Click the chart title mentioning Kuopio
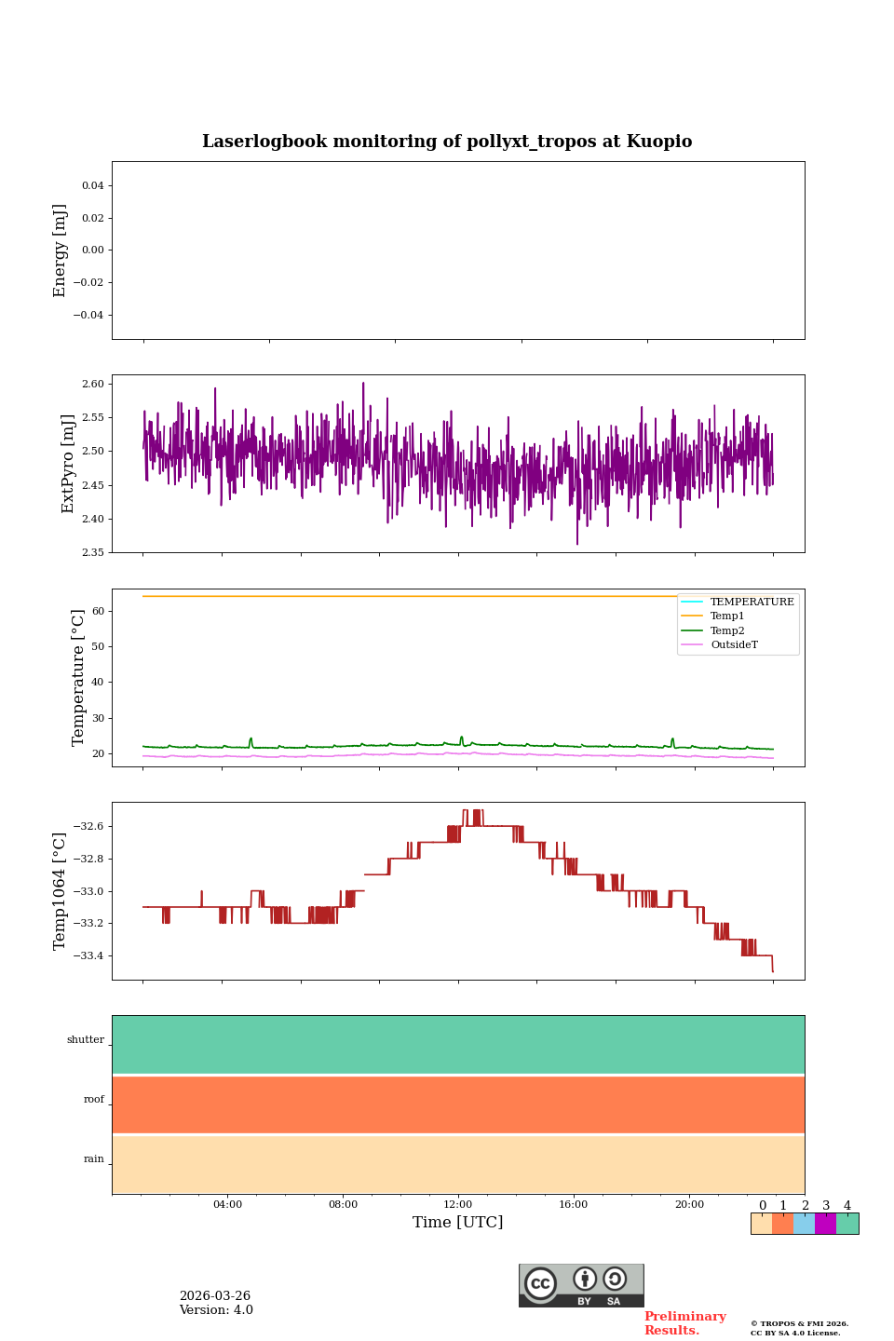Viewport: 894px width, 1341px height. click(x=447, y=142)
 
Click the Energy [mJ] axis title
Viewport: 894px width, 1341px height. click(x=61, y=251)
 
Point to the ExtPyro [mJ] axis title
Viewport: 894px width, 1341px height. click(x=68, y=464)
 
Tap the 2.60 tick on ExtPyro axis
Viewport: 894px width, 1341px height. click(x=93, y=384)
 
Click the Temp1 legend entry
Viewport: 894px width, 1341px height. click(x=727, y=616)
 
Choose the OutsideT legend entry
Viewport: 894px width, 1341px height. click(x=734, y=645)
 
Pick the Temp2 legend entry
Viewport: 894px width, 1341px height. click(x=727, y=630)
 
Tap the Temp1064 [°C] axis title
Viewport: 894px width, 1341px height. click(x=61, y=891)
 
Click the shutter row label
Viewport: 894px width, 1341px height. click(x=86, y=1040)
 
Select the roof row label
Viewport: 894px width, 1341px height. click(x=94, y=1100)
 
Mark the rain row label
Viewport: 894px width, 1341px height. click(x=94, y=1159)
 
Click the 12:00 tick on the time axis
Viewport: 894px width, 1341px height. click(x=458, y=1204)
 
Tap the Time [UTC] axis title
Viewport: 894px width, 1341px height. click(x=458, y=1223)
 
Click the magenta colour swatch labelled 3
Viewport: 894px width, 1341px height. click(x=825, y=1224)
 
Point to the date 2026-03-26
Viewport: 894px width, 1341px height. click(x=215, y=1296)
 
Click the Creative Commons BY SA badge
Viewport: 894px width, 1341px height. click(x=581, y=1285)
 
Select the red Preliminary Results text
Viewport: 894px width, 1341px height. click(x=684, y=1323)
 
